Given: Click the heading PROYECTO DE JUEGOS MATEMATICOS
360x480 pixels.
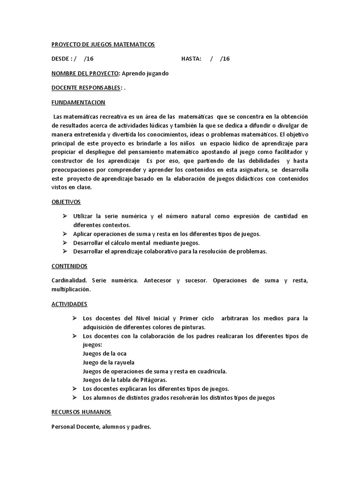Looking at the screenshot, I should pos(103,44).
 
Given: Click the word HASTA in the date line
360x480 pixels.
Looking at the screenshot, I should pos(191,59).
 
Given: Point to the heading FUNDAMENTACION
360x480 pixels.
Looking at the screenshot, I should pos(78,102).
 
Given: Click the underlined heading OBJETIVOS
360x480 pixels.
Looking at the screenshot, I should pos(66,202).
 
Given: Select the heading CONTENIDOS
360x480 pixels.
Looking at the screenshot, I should pos(69,266).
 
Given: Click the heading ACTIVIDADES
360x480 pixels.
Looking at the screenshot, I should pos(69,304).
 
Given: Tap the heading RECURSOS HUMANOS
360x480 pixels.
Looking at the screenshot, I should pos(81,412).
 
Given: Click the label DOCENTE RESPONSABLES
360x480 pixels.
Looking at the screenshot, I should pos(86,88).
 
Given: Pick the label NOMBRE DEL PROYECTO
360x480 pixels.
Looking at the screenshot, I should pos(85,73).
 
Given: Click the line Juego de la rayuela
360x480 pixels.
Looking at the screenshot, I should pos(108,362).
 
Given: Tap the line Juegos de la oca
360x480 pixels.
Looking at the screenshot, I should pos(105,353).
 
